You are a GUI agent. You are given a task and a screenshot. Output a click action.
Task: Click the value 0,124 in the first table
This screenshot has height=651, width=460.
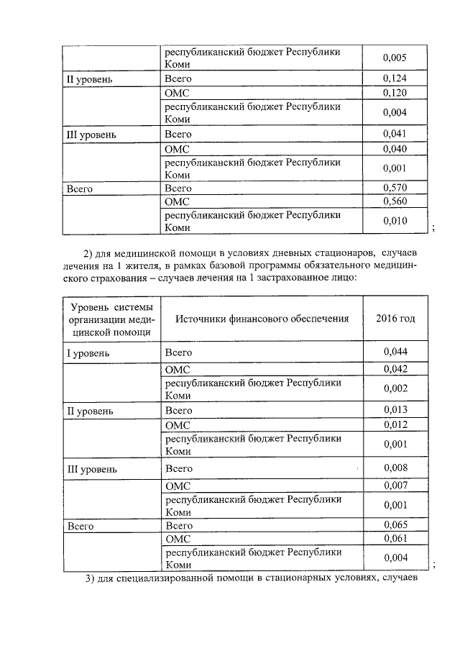point(395,78)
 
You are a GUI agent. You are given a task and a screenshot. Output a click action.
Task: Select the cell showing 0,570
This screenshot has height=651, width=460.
point(395,188)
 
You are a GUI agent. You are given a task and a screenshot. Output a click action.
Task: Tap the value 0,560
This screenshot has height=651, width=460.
point(395,201)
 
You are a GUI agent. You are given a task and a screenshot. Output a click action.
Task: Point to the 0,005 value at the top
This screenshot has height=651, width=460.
point(395,57)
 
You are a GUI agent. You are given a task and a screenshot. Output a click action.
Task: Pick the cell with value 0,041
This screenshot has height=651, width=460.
point(395,134)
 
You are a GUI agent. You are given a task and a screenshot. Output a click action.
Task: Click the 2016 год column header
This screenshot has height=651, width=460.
point(395,319)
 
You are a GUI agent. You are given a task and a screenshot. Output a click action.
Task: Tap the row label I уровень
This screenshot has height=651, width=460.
point(88,353)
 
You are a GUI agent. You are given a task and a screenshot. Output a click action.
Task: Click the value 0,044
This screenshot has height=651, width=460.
point(395,352)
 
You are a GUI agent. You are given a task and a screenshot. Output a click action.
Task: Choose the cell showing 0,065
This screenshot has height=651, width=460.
point(395,526)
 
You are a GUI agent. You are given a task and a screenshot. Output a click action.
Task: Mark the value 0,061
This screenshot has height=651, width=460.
point(395,538)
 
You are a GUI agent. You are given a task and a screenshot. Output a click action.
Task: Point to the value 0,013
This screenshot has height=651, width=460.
point(395,411)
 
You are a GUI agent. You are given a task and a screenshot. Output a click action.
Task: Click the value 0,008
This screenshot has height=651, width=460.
point(395,468)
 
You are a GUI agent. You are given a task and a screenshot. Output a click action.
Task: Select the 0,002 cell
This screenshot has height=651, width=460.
point(395,388)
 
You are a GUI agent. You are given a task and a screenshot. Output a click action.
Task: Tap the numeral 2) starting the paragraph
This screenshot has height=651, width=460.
point(90,252)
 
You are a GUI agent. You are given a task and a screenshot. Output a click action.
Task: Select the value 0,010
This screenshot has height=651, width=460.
point(395,220)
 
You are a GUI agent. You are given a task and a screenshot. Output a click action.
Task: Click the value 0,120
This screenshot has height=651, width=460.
point(395,92)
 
